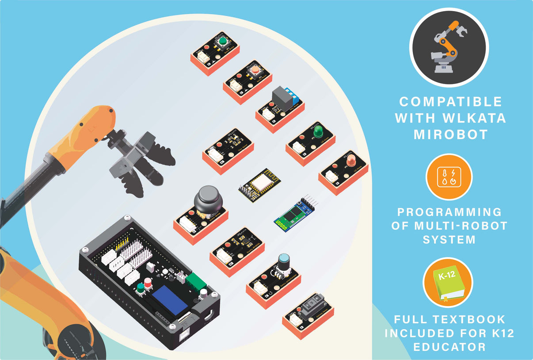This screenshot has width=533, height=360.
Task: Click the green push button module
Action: [x=215, y=52]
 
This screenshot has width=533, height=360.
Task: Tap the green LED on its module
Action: [x=317, y=131]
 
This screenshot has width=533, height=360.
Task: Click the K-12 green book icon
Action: [x=448, y=283]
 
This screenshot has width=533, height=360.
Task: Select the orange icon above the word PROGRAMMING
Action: [x=449, y=177]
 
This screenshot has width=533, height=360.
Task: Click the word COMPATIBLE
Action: [x=450, y=102]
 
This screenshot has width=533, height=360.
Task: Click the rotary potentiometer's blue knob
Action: [x=283, y=259]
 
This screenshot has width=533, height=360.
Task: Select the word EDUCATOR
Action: [x=449, y=347]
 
